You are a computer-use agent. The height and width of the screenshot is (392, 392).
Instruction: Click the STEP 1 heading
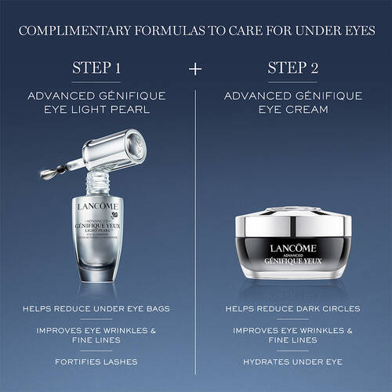point(98,68)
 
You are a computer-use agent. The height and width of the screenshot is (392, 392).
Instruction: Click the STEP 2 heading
point(292,68)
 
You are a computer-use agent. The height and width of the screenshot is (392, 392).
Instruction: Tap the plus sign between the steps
point(195,68)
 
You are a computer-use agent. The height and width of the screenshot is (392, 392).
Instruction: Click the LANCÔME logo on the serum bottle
point(98,206)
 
